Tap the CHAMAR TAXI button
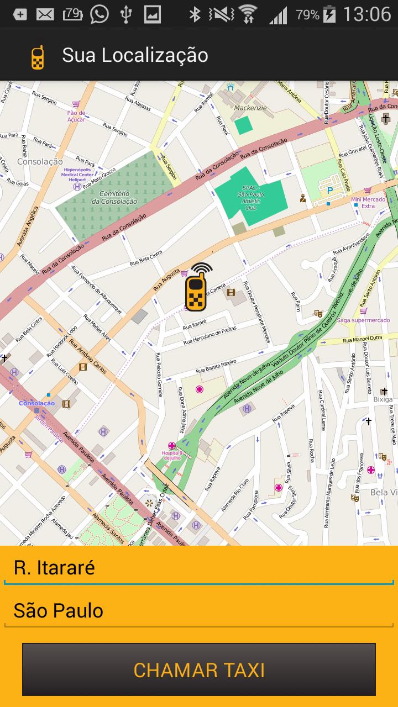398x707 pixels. click(199, 669)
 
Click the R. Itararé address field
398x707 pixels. click(199, 568)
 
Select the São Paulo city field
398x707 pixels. click(199, 611)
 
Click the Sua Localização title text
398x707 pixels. click(135, 55)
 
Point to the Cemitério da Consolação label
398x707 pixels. click(114, 198)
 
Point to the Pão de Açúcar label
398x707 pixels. click(76, 116)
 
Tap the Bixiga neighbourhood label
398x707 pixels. click(382, 399)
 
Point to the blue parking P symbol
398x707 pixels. click(330, 191)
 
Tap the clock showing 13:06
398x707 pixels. click(366, 14)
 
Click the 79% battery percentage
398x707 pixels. click(307, 15)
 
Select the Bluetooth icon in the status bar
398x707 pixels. click(195, 15)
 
